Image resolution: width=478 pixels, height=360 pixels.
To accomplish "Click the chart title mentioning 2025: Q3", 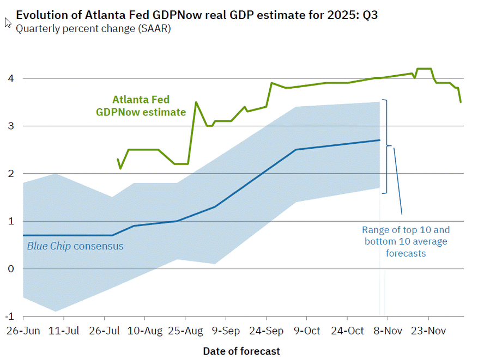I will pos(197,15).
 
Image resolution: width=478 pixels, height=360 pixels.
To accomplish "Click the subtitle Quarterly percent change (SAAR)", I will pos(93,29).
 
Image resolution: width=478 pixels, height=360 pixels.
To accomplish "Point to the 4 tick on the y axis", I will pos(10,78).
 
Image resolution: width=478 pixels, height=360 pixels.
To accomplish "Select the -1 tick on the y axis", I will pos(9,316).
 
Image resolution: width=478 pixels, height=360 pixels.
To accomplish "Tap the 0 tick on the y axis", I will pos(10,269).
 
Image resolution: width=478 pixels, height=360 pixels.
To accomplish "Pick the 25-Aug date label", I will pos(185,331).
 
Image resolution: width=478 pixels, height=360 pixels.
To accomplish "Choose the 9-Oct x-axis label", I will pos(306,331).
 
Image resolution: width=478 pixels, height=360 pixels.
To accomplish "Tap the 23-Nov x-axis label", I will pos(428,331).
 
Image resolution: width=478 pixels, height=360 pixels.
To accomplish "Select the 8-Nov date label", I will pos(387,331).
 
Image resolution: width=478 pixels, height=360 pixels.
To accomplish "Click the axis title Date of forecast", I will pos(241,351).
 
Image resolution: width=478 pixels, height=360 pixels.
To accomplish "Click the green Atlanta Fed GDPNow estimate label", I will pos(141,106).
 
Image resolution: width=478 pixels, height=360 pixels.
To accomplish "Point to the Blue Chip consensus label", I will pos(75,246).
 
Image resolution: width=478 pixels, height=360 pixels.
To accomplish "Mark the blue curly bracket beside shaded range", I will pos(386,146).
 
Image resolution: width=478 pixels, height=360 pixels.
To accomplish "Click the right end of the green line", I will pos(461,102).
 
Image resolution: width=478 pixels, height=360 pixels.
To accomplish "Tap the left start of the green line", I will pos(118,159).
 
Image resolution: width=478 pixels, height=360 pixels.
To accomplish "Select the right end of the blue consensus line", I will pos(379,141).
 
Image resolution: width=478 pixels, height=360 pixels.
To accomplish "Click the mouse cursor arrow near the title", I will pos(8,22).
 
